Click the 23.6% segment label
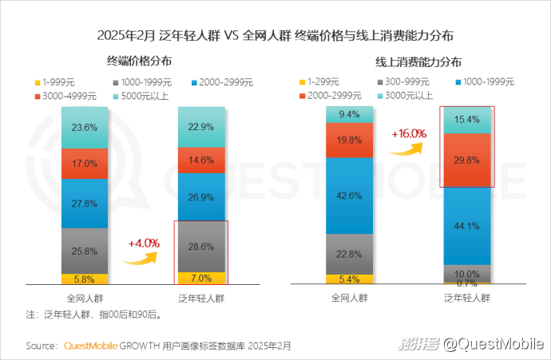point(85,128)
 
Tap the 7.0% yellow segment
point(201,277)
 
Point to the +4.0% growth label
point(144,242)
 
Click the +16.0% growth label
point(408,134)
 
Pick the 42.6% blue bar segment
point(349,196)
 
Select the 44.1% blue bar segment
point(467,225)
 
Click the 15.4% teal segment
point(467,119)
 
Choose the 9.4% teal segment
point(349,114)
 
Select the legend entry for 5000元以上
point(139,96)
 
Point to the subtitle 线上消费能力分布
point(417,61)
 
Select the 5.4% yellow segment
point(349,279)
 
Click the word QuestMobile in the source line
point(90,346)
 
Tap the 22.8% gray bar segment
point(349,254)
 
